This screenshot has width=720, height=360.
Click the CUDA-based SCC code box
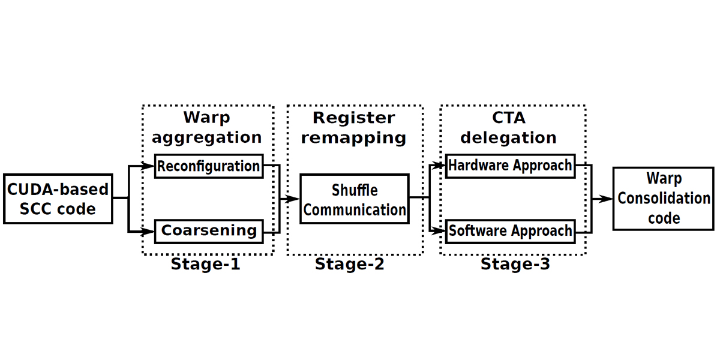[x=58, y=199]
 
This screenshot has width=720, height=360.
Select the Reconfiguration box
[x=209, y=166]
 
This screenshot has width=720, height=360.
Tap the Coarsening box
[x=209, y=232]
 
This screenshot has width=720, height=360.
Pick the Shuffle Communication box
[x=355, y=199]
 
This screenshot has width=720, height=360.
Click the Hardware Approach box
[x=511, y=166]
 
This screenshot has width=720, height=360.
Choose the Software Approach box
[x=511, y=232]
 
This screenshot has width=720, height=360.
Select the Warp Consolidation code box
[x=664, y=199]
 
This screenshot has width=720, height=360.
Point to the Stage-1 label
[x=205, y=264]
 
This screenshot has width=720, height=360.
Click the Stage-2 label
[x=349, y=264]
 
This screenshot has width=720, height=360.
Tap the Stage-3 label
[x=515, y=264]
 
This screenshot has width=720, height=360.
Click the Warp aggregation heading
[x=206, y=127]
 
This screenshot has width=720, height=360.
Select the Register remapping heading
[x=353, y=128]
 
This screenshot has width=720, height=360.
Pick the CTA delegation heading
[x=509, y=128]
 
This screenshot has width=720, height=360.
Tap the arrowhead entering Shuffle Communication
[x=293, y=199]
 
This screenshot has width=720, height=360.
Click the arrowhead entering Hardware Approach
[x=439, y=166]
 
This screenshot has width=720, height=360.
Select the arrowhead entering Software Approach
[x=439, y=231]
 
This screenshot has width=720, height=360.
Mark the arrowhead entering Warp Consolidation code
[x=605, y=199]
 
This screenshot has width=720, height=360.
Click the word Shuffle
[x=355, y=190]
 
